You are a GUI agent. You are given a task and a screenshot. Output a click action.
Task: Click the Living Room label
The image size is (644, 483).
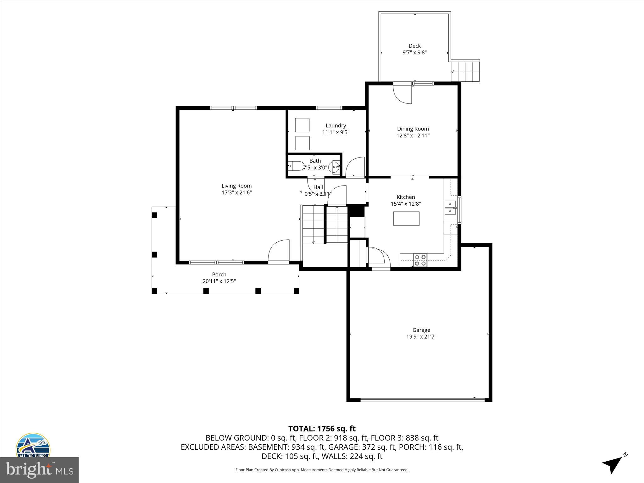[236, 186]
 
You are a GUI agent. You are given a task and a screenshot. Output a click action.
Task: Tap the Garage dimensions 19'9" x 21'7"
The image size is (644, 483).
[421, 337]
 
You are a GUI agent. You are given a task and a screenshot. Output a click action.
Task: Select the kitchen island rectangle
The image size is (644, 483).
[406, 219]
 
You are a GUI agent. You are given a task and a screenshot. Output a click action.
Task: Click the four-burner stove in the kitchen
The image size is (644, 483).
[420, 260]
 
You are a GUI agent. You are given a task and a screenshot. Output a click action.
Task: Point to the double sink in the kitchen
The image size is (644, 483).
[450, 208]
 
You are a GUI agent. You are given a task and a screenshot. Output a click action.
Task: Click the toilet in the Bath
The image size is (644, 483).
[295, 165]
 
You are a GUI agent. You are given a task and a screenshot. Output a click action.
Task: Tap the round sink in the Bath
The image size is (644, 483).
[334, 167]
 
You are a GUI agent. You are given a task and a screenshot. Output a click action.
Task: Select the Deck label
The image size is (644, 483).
[414, 46]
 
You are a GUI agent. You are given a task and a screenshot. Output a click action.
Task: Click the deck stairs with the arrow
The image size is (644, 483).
[465, 72]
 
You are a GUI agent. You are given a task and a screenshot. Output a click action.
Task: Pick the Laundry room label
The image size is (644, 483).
[336, 125]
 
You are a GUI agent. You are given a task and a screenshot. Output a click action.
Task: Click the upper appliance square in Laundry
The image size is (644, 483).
[302, 125]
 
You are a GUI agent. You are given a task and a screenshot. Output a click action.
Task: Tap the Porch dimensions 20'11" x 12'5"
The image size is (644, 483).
[219, 281]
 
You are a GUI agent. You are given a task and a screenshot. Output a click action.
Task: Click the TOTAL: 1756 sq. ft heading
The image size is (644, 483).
[322, 429]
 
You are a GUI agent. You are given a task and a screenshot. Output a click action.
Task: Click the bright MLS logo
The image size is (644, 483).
[39, 470]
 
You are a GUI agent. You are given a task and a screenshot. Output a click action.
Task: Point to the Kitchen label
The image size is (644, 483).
[406, 197]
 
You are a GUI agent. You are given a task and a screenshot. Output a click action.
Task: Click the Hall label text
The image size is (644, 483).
[318, 187]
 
